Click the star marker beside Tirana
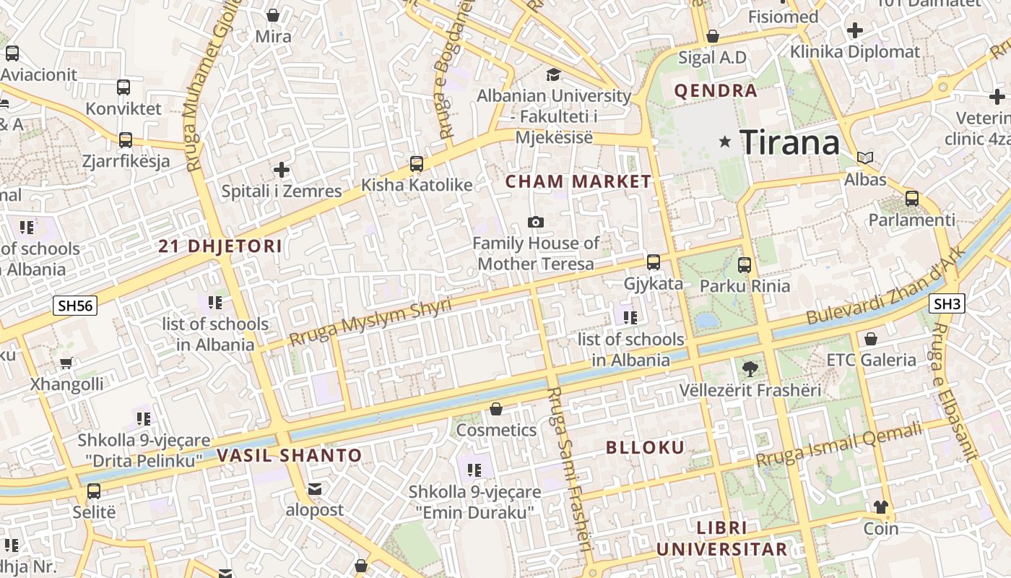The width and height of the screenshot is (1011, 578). [725, 142]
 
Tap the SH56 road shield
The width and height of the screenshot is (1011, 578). [75, 306]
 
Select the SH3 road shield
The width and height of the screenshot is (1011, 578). [947, 304]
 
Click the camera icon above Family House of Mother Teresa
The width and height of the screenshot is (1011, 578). [536, 222]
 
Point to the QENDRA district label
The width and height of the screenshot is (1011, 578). [716, 91]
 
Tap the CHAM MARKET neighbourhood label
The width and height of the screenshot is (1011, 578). [578, 181]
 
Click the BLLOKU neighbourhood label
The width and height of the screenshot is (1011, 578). [645, 447]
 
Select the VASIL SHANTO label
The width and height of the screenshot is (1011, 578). [290, 456]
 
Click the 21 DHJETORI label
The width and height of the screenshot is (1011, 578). [220, 246]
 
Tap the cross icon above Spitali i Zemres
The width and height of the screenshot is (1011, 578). [282, 170]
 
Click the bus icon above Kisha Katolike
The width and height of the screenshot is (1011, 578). [417, 164]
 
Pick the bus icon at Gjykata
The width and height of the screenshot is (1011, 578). [654, 262]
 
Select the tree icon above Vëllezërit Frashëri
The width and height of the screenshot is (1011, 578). [750, 368]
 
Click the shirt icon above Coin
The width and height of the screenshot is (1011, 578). [880, 506]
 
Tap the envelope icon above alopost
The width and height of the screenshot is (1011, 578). [315, 489]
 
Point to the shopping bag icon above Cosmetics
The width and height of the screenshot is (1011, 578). [496, 410]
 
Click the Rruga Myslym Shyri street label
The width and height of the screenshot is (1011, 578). [370, 322]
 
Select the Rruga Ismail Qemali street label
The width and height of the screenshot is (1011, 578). [839, 445]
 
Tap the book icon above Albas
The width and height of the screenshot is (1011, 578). [865, 158]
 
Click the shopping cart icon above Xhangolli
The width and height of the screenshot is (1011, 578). [66, 363]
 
